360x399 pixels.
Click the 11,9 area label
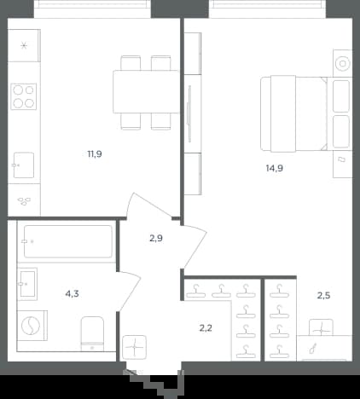[x=95, y=154]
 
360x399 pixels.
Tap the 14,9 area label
[x=275, y=168]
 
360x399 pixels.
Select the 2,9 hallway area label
[x=156, y=239]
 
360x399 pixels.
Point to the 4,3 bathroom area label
[x=73, y=293]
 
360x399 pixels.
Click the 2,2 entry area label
[x=206, y=328]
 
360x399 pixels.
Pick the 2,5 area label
[x=323, y=296]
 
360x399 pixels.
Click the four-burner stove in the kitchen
[x=24, y=96]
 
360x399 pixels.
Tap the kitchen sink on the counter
[x=24, y=165]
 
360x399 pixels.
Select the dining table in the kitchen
[x=146, y=92]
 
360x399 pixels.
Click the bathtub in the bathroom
[x=68, y=241]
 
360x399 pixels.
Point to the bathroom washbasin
[x=27, y=284]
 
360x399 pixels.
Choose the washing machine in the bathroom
[x=32, y=326]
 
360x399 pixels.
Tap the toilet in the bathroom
[x=92, y=334]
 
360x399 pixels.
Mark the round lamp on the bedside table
[x=342, y=63]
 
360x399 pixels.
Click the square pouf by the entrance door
[x=135, y=347]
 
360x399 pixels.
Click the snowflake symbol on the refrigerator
[x=24, y=45]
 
